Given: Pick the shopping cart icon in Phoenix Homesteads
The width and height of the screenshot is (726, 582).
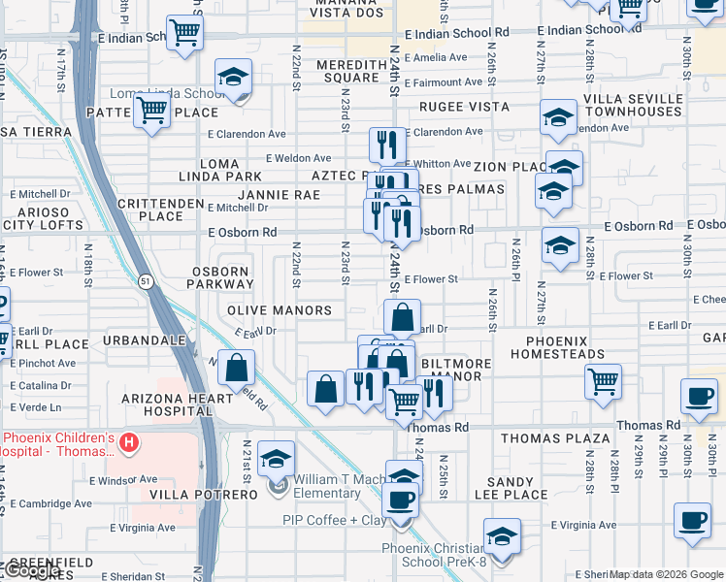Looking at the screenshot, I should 604,380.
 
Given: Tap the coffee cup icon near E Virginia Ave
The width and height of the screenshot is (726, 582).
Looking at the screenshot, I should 692,520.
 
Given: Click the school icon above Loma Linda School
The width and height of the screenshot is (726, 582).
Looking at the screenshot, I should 233,79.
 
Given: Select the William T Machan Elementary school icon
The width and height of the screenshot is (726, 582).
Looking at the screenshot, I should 277,460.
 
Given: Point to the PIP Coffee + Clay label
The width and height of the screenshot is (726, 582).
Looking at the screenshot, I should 334,521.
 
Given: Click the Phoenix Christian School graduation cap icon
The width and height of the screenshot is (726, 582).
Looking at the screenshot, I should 502,535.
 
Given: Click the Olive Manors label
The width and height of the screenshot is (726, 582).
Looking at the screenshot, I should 280,310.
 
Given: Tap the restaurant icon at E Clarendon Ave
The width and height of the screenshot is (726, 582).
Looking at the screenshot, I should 387,145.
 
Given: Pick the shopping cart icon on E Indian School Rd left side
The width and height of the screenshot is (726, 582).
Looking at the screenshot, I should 184,32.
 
